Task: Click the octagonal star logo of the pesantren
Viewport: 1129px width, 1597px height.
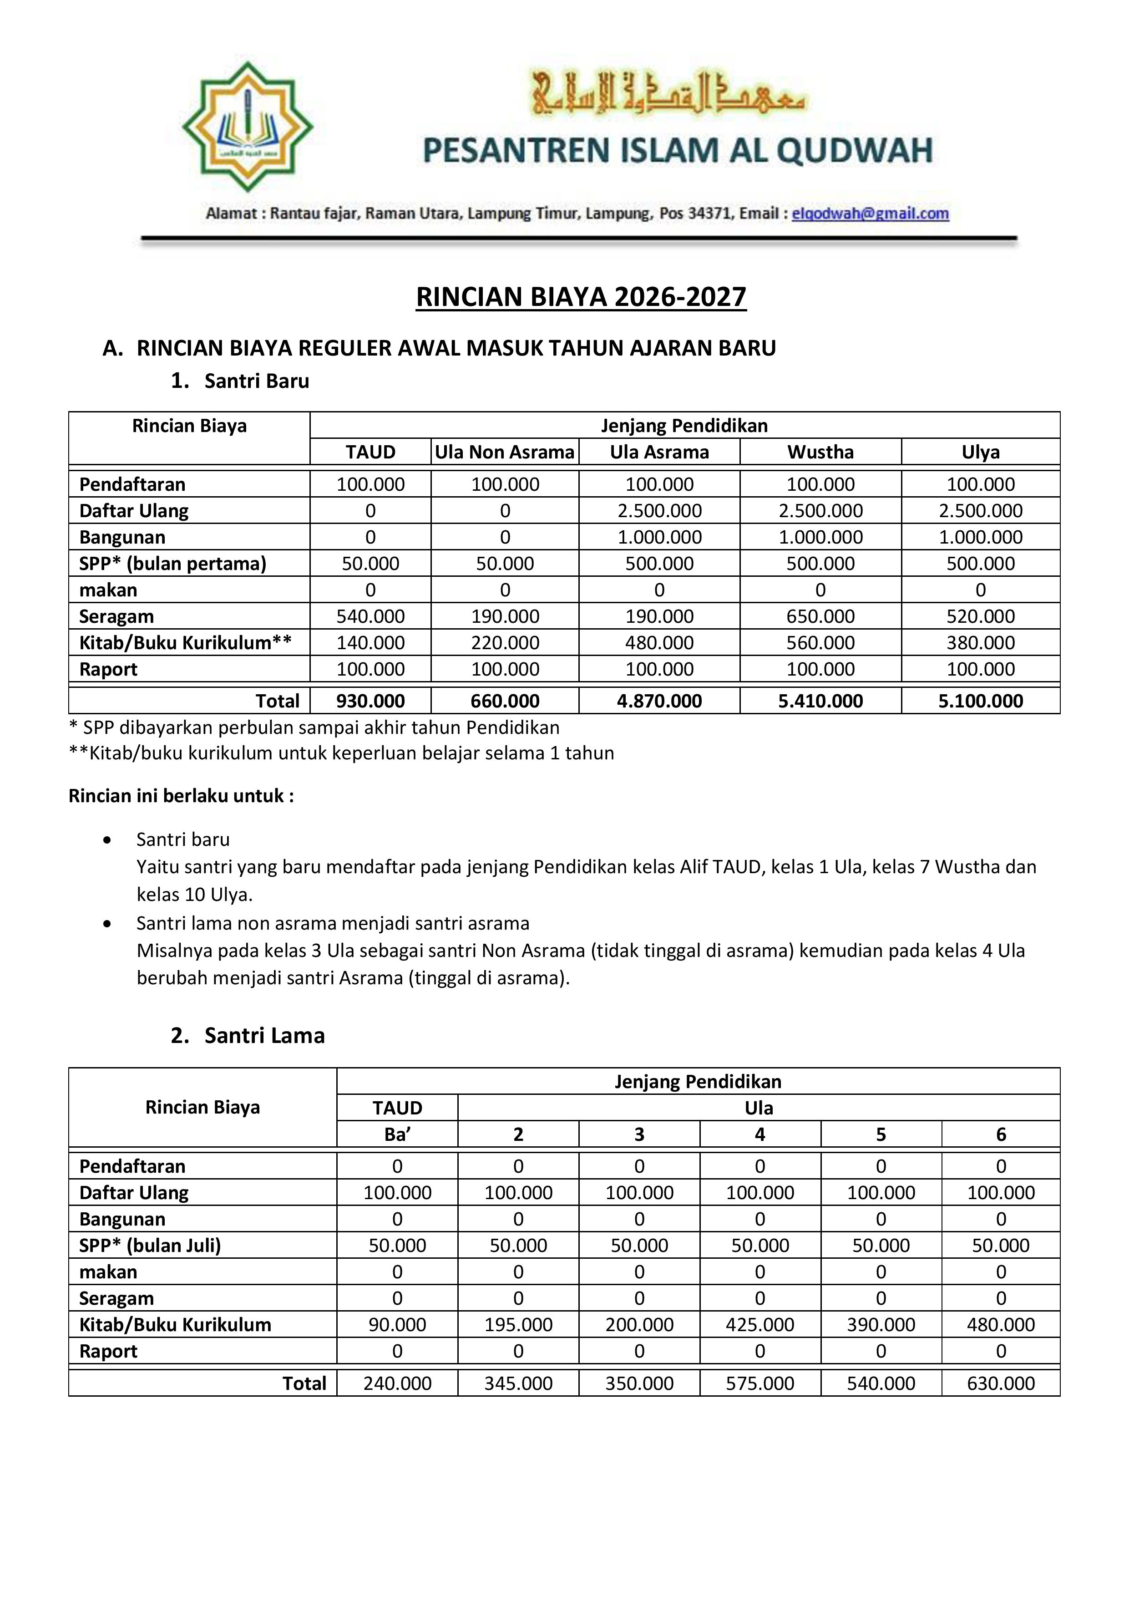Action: pos(248,127)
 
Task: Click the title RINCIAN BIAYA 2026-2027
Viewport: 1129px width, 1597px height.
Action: pos(581,297)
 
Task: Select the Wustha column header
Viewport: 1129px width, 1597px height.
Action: pos(820,452)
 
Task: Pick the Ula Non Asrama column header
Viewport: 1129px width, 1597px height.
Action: pos(505,452)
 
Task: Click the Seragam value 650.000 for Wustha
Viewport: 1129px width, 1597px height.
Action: pos(820,616)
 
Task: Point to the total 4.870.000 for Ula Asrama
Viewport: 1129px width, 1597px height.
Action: pos(659,701)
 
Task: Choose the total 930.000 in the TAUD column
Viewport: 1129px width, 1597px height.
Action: pos(370,701)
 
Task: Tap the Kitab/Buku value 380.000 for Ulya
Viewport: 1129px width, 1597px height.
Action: pos(980,643)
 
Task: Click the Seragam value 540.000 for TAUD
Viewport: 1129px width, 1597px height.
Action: pos(370,616)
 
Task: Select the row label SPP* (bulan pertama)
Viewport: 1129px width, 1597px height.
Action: pos(172,564)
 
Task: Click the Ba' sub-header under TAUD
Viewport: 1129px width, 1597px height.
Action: pos(397,1134)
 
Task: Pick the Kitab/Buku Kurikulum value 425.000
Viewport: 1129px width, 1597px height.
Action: pos(760,1324)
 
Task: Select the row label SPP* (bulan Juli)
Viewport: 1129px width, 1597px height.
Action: pos(150,1245)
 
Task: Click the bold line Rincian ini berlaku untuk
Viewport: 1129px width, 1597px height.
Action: pos(181,796)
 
